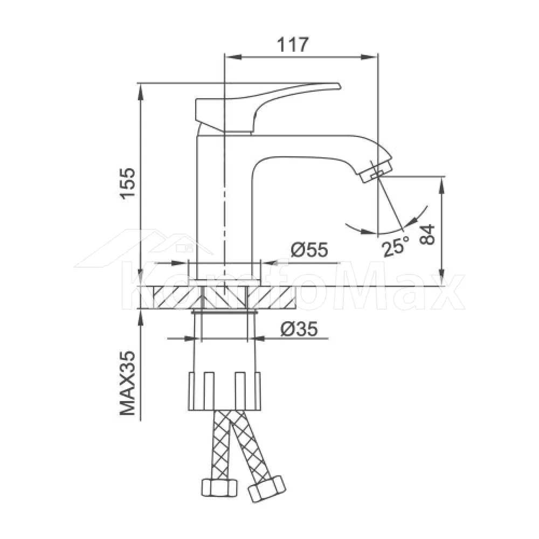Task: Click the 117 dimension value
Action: [x=293, y=45]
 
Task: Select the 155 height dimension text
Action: [x=128, y=183]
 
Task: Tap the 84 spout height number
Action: [x=427, y=234]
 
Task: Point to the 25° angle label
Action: [x=396, y=245]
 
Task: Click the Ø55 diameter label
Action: [x=309, y=250]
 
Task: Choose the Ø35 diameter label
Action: [x=299, y=329]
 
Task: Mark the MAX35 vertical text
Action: [x=128, y=383]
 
